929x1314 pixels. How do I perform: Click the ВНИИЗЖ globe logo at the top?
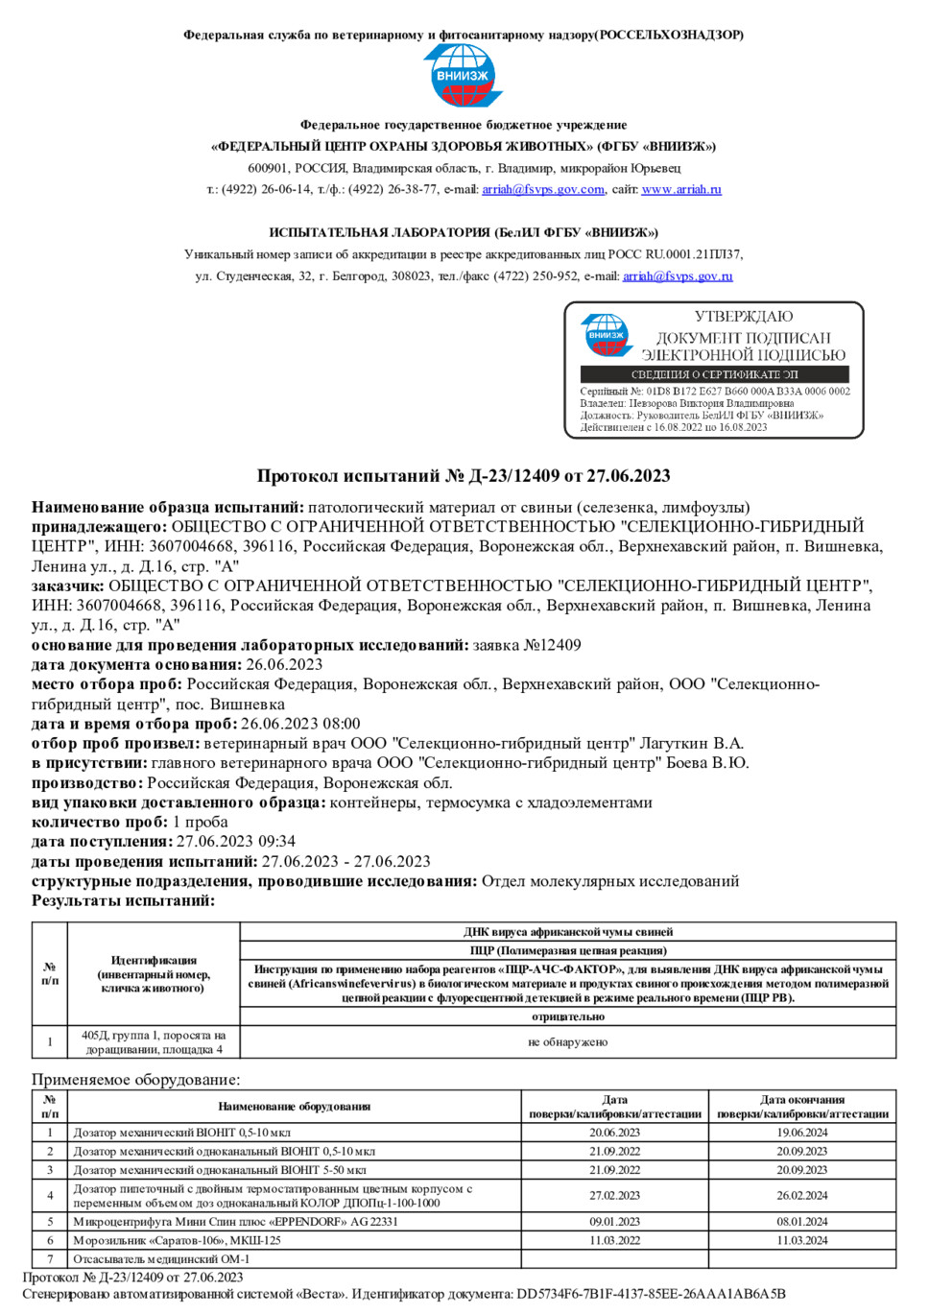(464, 75)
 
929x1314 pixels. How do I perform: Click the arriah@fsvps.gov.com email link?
(543, 189)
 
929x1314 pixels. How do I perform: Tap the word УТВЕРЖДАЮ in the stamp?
(744, 317)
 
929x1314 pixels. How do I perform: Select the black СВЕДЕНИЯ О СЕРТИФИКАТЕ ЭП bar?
(714, 374)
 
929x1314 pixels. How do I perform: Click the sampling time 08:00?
(341, 724)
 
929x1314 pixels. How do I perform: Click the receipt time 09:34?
(276, 842)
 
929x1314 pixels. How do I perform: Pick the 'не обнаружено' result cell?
(567, 1042)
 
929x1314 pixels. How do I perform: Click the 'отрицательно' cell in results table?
(567, 1016)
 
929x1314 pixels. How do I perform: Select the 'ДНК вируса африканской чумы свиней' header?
(567, 932)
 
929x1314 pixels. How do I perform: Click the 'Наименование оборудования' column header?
(294, 1107)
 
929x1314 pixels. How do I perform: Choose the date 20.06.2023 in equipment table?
(614, 1133)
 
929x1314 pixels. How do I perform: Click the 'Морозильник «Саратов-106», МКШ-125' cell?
(178, 1240)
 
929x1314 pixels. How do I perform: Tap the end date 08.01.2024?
(801, 1222)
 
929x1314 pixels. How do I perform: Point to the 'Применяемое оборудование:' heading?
(135, 1079)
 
